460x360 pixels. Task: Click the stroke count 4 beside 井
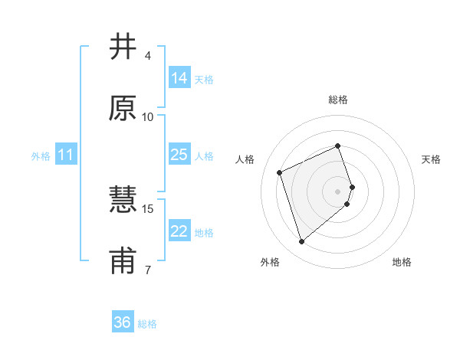(x=148, y=56)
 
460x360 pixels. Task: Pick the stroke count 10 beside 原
(x=148, y=116)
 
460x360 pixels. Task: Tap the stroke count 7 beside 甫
(x=148, y=270)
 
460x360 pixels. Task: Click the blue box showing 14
(x=179, y=78)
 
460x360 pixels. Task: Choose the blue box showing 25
(x=179, y=155)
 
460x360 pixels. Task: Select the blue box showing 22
(x=179, y=231)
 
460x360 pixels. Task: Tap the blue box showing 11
(x=65, y=155)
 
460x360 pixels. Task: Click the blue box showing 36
(x=122, y=322)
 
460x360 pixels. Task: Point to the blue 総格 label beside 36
(x=147, y=324)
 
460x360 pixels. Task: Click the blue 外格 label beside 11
(x=41, y=156)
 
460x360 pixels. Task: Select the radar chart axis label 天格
(x=431, y=159)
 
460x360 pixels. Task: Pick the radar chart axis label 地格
(x=402, y=262)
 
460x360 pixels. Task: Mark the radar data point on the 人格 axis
(x=281, y=172)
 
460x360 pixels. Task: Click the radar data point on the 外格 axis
(x=301, y=242)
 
